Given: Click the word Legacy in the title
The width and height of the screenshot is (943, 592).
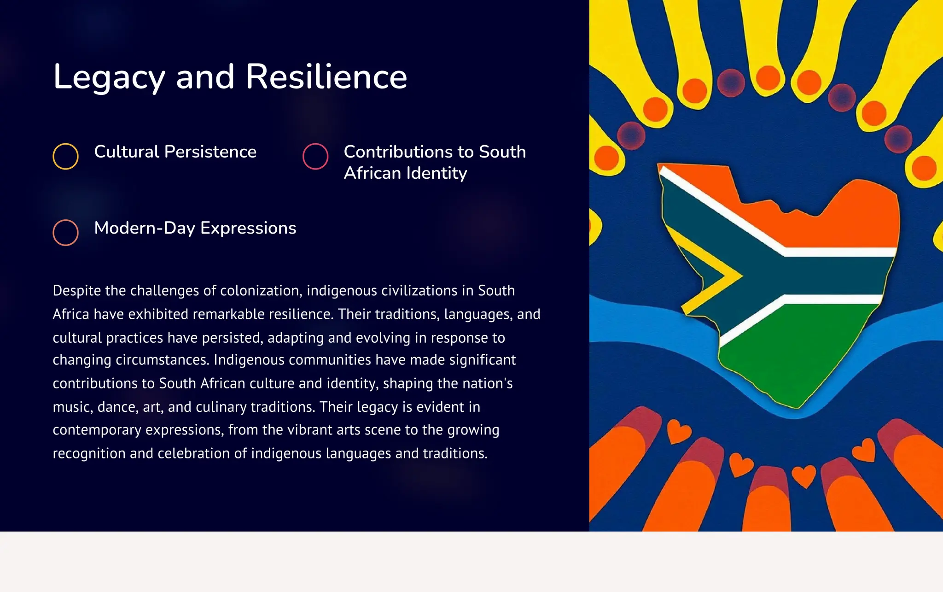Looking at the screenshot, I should (x=109, y=77).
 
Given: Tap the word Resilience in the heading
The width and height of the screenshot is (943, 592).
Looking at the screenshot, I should (x=326, y=76).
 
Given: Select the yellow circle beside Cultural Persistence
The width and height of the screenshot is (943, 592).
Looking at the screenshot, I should (x=65, y=156).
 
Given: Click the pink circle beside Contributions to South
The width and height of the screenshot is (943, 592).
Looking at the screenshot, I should (x=315, y=156).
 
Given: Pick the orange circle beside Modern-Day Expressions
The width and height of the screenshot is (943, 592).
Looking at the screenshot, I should (x=65, y=232).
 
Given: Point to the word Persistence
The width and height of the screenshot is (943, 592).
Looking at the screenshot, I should (x=210, y=152).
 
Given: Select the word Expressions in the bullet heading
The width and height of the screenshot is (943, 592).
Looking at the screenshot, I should (x=248, y=229).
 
